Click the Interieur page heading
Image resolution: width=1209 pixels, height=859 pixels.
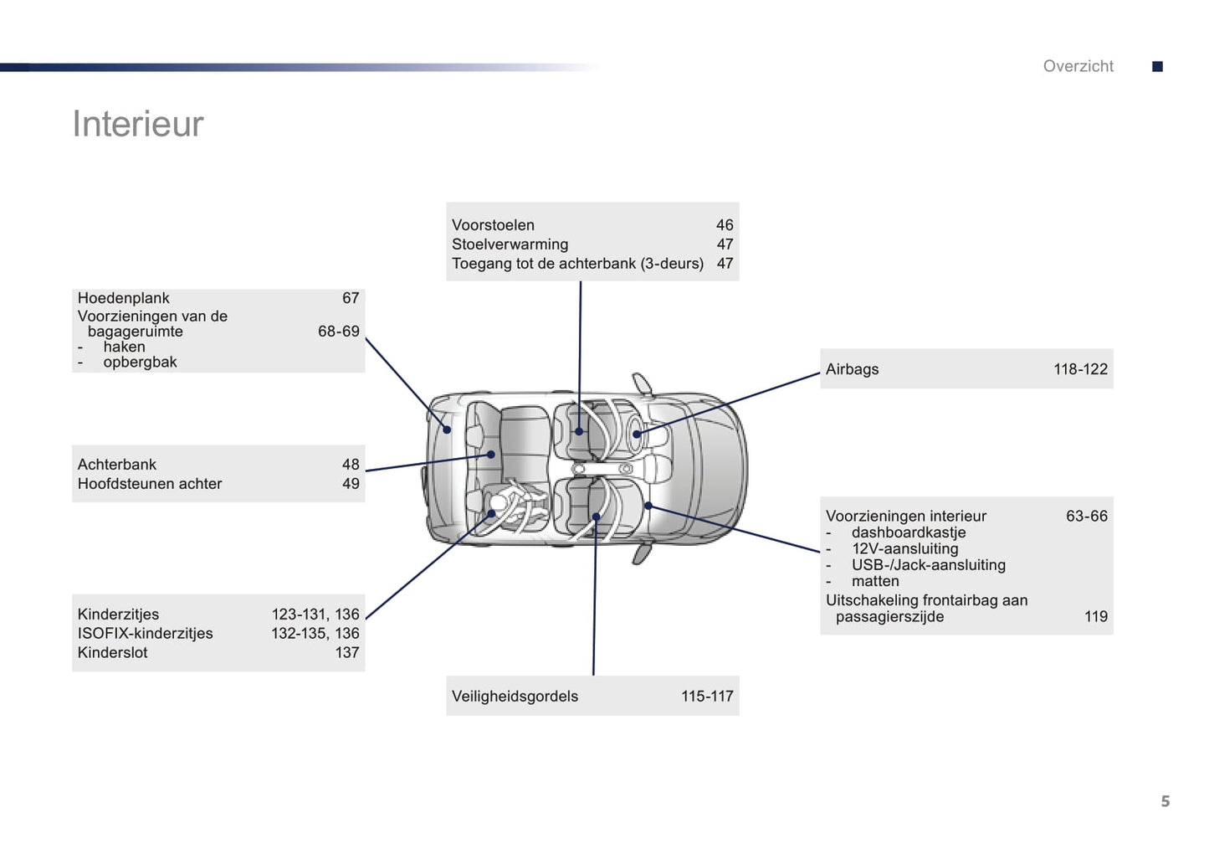tap(138, 124)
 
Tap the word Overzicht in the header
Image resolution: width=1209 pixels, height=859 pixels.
tap(1078, 66)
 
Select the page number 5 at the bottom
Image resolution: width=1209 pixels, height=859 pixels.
tap(1165, 801)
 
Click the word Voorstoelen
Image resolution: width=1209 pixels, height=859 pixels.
tap(493, 225)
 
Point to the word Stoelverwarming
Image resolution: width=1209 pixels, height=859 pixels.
tap(510, 244)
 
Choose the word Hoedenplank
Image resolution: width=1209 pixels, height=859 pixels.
tap(123, 298)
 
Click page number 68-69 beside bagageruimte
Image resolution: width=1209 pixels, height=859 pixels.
tap(338, 332)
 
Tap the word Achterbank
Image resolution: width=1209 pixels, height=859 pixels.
tap(116, 465)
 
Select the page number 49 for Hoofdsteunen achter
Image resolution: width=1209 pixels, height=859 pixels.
tap(351, 484)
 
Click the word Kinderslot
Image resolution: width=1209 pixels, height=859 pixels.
tap(112, 653)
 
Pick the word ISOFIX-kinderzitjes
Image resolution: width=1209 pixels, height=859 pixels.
tap(145, 634)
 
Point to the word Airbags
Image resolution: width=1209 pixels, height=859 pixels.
tap(852, 369)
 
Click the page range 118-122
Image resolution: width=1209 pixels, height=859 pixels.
tap(1080, 369)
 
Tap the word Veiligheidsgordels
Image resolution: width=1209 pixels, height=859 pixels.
tap(515, 697)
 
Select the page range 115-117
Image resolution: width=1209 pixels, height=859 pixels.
tap(707, 697)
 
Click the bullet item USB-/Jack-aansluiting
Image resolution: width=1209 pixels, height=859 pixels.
tap(928, 565)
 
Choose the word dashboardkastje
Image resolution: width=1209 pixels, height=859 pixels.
tap(908, 532)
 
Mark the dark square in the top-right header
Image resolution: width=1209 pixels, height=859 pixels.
tap(1157, 66)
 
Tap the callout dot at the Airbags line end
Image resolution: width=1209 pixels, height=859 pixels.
tap(637, 434)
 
